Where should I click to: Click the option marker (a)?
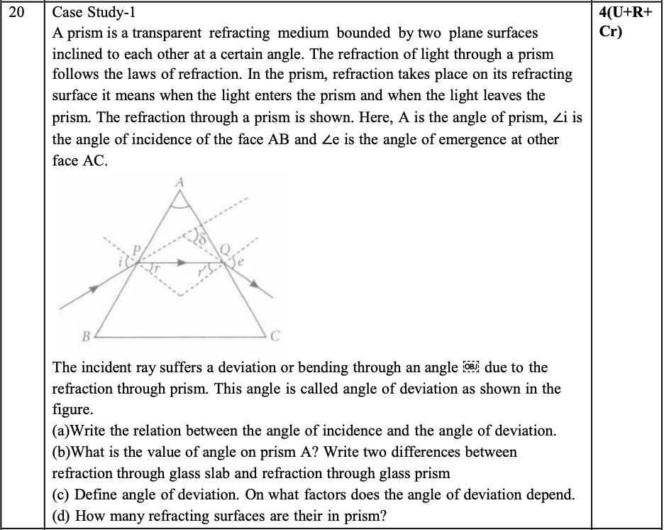click(x=62, y=431)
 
